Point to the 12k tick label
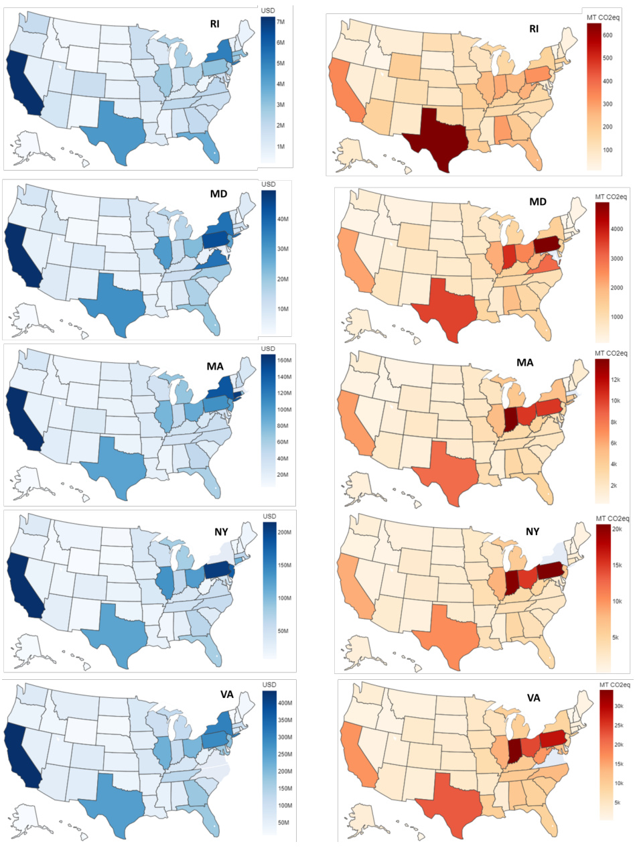pyautogui.click(x=616, y=380)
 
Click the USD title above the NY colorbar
pyautogui.click(x=268, y=516)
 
